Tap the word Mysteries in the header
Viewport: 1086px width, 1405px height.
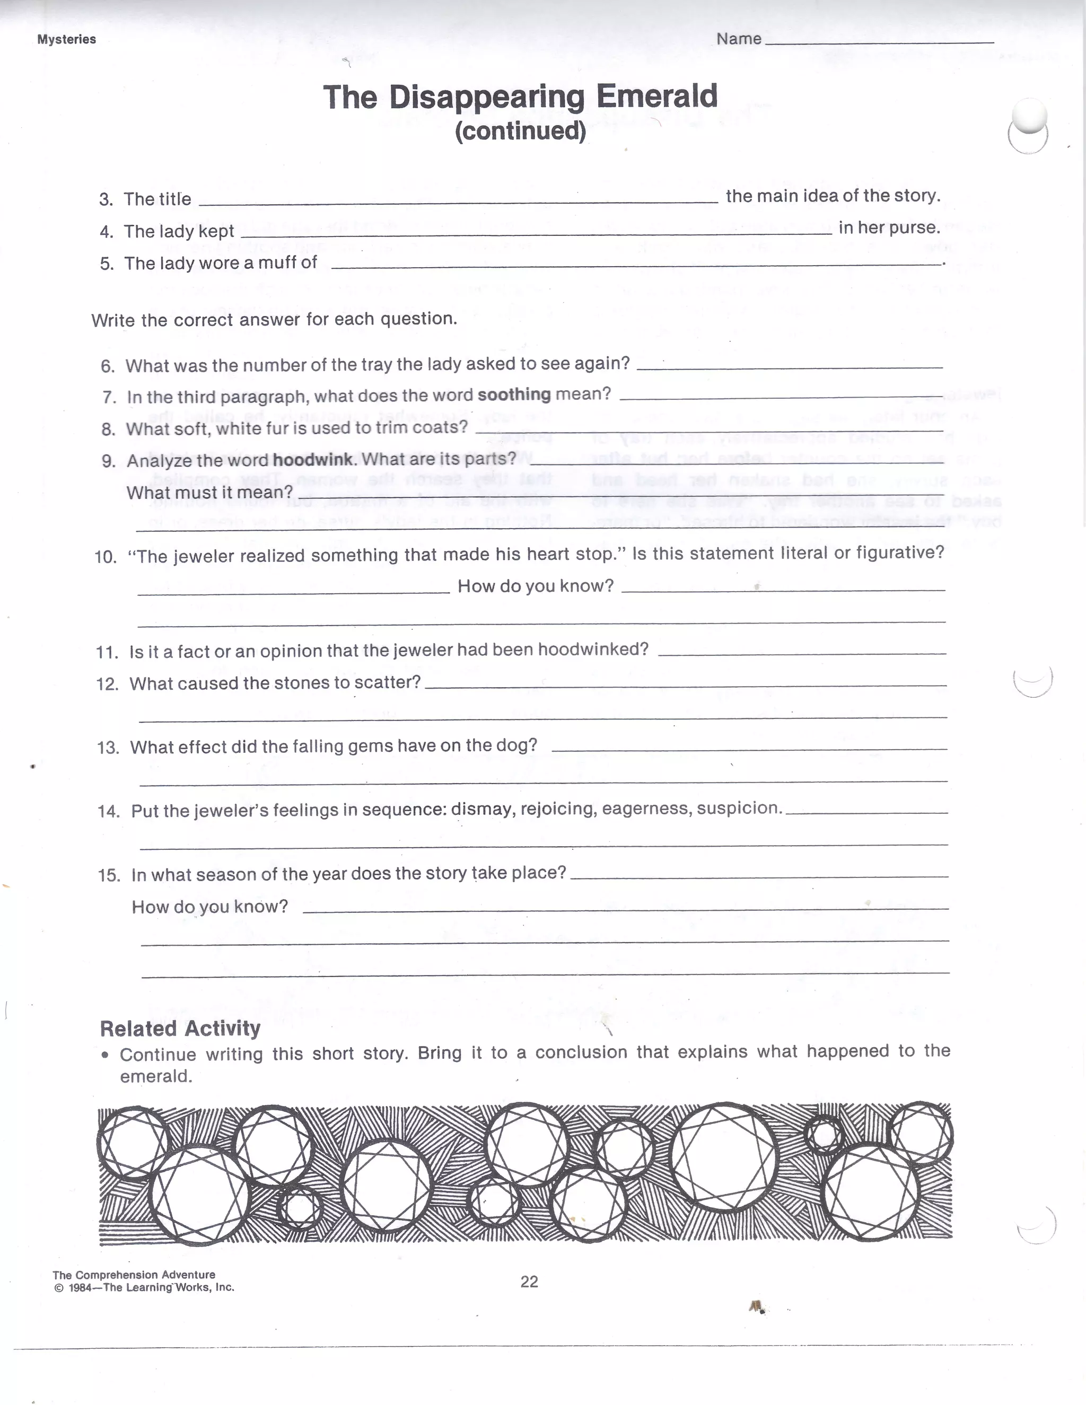[x=66, y=39]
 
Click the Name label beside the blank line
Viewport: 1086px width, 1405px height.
[x=739, y=39]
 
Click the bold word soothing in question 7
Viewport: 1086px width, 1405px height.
[x=514, y=394]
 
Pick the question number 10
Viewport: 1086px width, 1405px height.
[x=106, y=557]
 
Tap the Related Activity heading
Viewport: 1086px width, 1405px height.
[x=180, y=1029]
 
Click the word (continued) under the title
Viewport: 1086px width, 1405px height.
[x=521, y=131]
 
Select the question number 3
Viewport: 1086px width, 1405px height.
[x=106, y=199]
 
